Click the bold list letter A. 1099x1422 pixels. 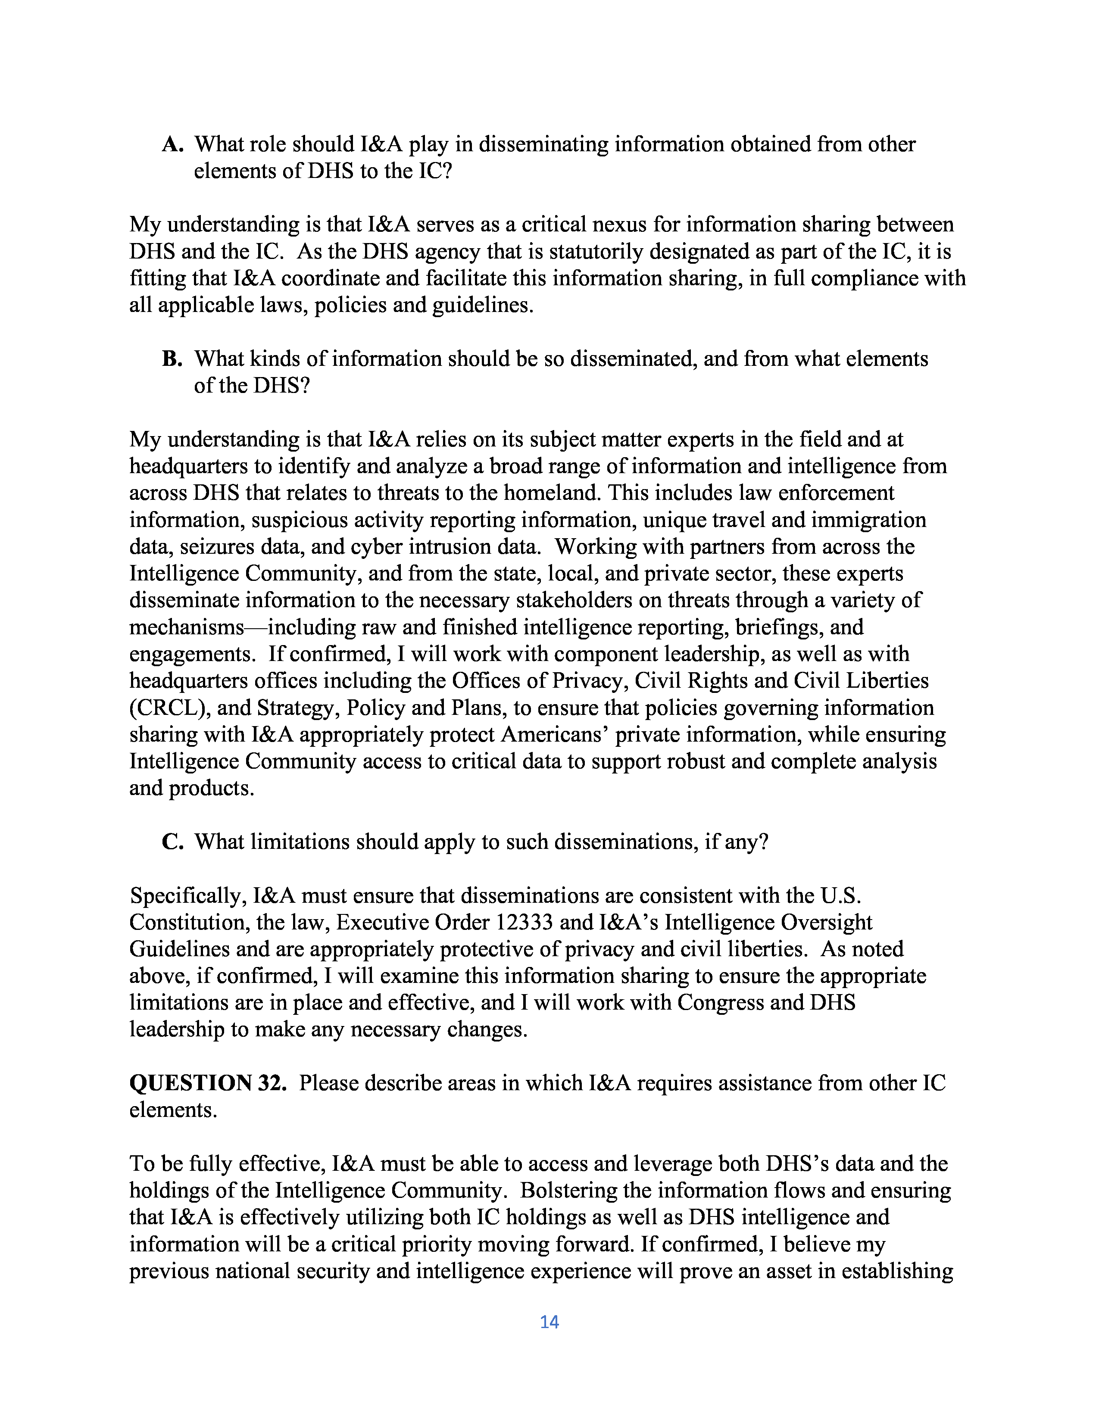coord(172,144)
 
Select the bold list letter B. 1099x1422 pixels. coord(172,359)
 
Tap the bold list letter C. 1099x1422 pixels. coord(172,842)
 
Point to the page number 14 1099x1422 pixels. coord(549,1322)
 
